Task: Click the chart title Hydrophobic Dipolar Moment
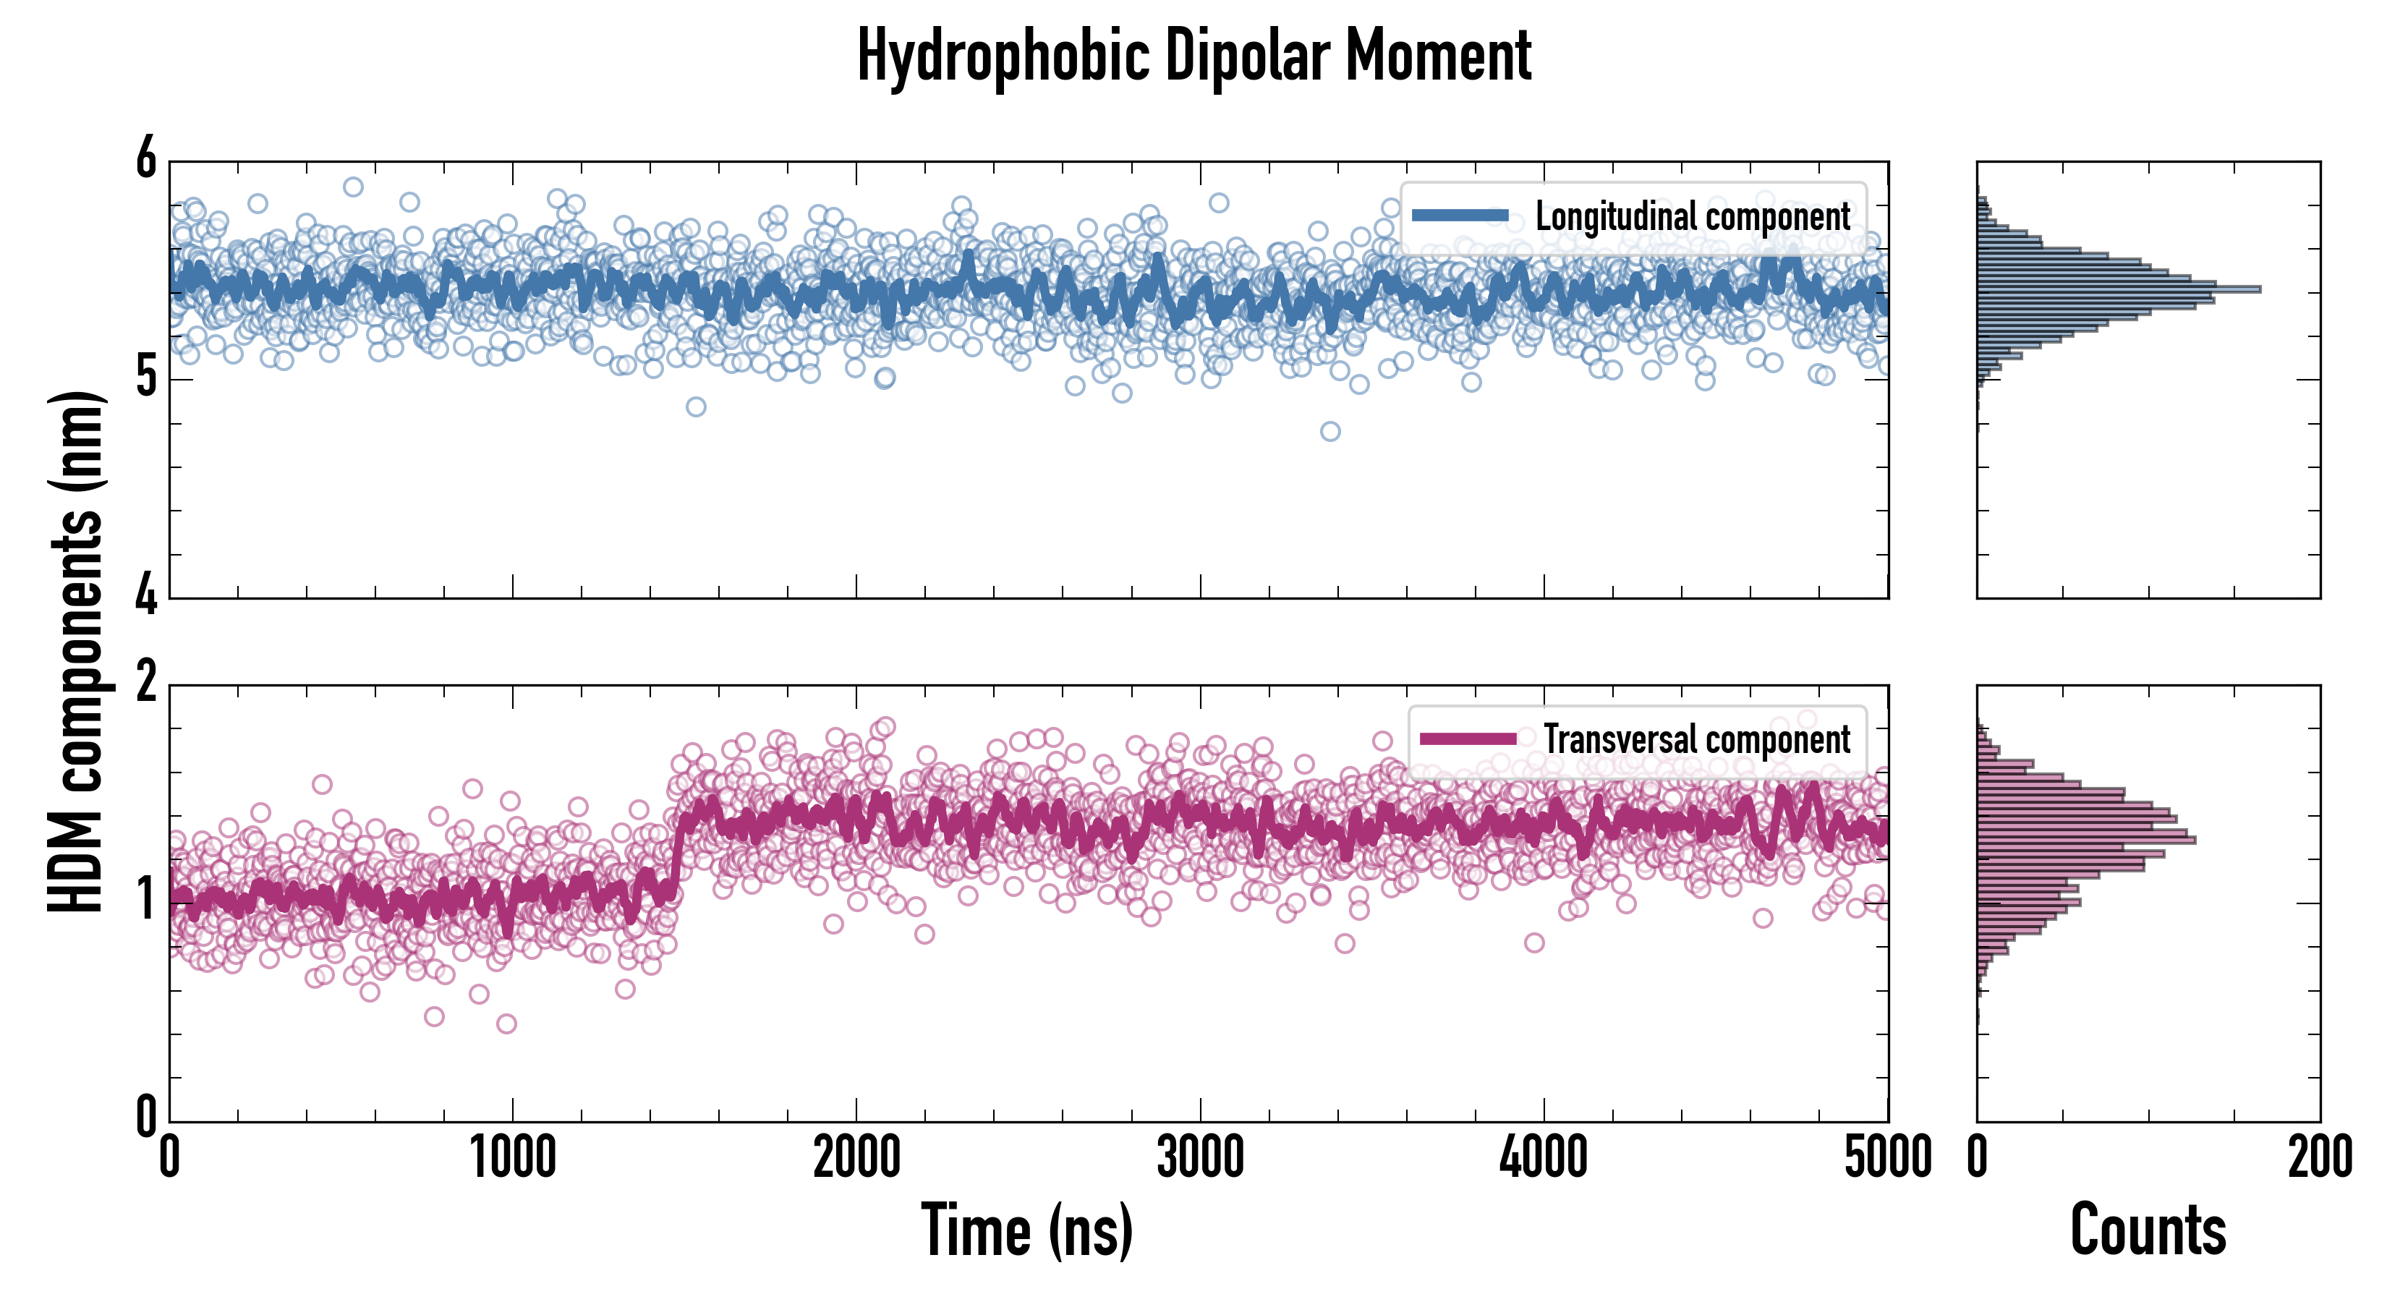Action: click(1193, 57)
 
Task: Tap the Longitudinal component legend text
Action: click(1692, 217)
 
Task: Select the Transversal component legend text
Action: click(1697, 739)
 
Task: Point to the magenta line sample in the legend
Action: click(1467, 739)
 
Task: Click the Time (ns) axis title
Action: click(1026, 1230)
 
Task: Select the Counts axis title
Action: click(2148, 1230)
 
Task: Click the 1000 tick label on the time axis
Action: click(512, 1158)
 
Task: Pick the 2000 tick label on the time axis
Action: click(856, 1158)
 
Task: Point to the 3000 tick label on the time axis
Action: click(1200, 1158)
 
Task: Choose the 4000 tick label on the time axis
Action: click(1544, 1158)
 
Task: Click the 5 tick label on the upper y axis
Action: click(146, 378)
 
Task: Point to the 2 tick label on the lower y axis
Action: click(146, 683)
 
